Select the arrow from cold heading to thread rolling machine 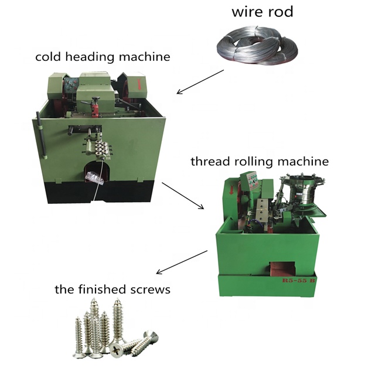183,196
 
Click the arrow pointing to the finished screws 181,262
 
